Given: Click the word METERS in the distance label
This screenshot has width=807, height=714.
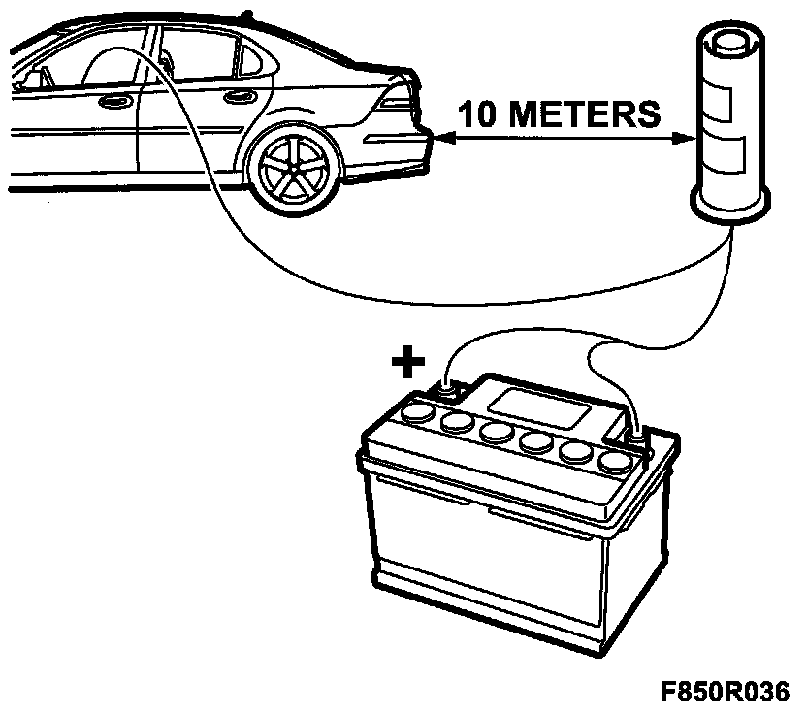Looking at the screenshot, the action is (584, 114).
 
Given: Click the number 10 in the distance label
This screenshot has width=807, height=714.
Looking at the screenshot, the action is (476, 114).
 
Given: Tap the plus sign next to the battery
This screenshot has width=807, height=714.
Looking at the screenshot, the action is (408, 362).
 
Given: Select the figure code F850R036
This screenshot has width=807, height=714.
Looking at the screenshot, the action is (725, 692).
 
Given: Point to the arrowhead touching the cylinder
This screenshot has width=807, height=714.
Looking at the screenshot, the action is (685, 138).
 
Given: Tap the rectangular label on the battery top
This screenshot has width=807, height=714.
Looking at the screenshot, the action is (539, 408).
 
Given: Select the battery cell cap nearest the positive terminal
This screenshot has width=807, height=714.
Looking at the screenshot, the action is (417, 413).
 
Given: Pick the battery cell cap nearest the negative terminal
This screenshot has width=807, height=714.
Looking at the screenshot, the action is (616, 461).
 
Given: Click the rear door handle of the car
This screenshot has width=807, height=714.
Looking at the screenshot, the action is (240, 96).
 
